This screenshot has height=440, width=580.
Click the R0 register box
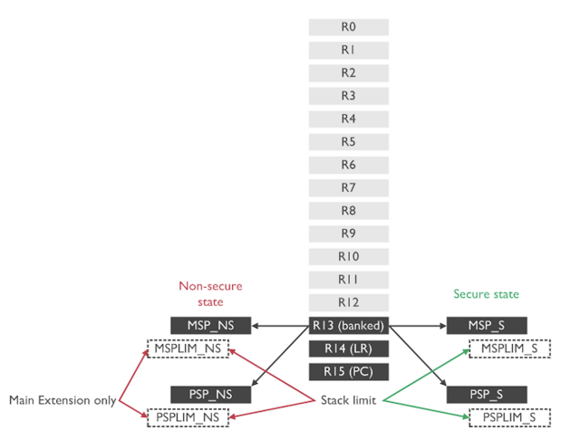(349, 27)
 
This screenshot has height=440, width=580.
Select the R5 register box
(349, 142)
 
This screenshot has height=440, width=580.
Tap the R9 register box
(349, 234)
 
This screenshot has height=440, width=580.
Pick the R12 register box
(349, 302)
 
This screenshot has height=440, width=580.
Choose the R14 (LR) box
(349, 349)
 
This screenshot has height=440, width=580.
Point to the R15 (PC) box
(349, 371)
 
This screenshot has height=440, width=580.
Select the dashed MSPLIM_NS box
(188, 348)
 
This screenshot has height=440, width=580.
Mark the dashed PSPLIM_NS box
(188, 417)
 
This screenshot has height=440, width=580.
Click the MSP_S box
(487, 325)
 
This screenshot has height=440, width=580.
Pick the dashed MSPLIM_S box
(510, 348)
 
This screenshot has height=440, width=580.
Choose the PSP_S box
(487, 395)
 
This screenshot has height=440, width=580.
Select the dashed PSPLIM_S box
(510, 417)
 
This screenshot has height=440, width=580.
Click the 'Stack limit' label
(350, 400)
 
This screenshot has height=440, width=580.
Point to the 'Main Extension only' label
(62, 400)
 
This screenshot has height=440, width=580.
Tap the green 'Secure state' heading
(487, 294)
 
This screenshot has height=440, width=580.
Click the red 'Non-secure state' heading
(210, 294)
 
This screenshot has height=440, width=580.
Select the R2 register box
(349, 73)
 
